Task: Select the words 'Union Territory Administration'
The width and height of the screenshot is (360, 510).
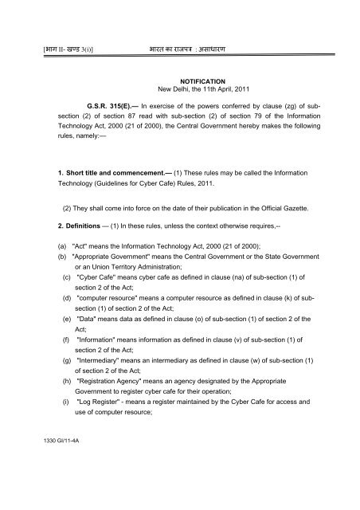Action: coord(131,306)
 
